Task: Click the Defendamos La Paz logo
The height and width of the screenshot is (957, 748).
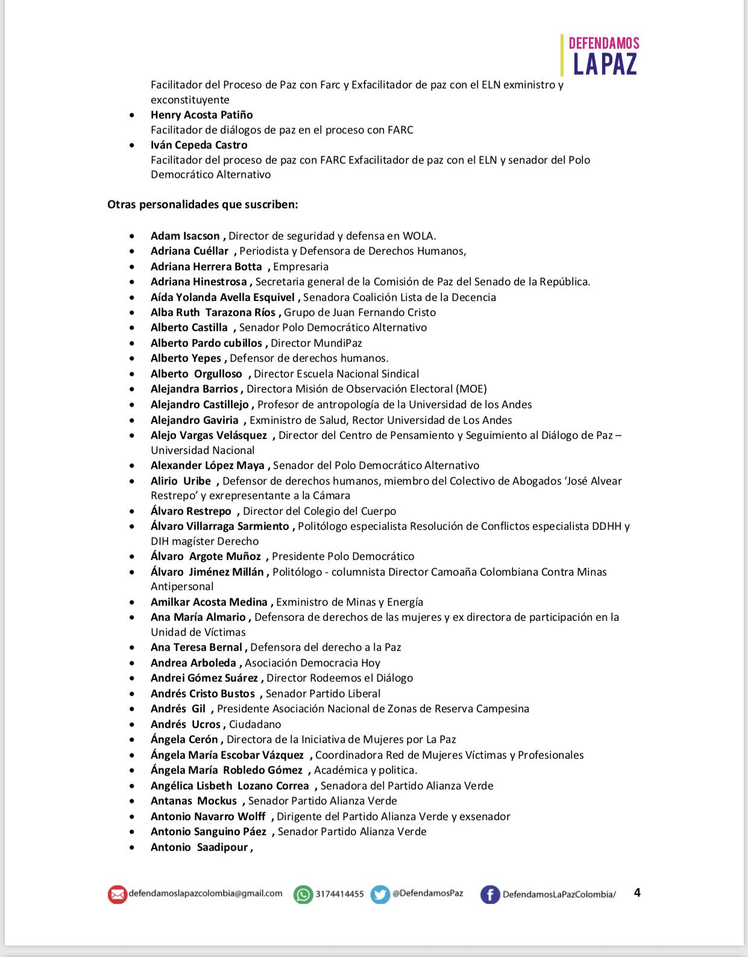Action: [601, 55]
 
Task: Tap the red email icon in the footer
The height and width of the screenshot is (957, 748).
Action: [117, 894]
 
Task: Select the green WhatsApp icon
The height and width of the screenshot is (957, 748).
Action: [303, 894]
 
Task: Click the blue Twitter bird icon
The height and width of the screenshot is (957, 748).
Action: [380, 894]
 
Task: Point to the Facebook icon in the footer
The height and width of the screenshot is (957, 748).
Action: [489, 894]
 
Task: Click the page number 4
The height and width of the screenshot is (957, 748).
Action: [637, 893]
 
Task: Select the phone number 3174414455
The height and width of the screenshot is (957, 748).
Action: [339, 894]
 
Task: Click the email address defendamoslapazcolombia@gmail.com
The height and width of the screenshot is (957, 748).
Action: [205, 893]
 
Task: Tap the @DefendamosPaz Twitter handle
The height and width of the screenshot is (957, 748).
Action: [427, 893]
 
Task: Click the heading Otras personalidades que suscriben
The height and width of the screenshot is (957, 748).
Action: [203, 204]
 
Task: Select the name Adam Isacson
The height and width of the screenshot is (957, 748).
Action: [185, 236]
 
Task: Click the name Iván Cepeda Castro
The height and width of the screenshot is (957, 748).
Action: [199, 145]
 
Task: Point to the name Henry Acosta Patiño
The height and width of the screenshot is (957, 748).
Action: [201, 115]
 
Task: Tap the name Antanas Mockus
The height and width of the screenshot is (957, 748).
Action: [193, 801]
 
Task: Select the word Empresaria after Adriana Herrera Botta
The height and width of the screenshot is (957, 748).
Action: [301, 267]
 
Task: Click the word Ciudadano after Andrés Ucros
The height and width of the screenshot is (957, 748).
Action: [255, 725]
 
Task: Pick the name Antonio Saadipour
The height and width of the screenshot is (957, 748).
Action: [199, 847]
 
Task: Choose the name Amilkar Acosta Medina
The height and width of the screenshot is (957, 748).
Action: [209, 602]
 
